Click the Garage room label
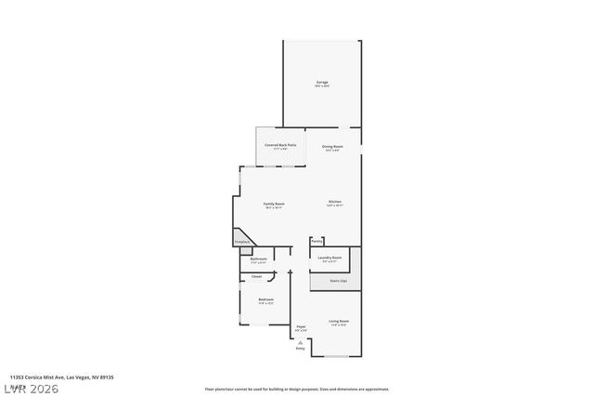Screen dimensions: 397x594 pyautogui.click(x=322, y=83)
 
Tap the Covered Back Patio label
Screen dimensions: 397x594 pyautogui.click(x=279, y=145)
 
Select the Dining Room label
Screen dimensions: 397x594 pyautogui.click(x=332, y=146)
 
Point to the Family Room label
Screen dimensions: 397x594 pyautogui.click(x=273, y=204)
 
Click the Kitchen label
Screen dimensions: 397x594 pyautogui.click(x=334, y=202)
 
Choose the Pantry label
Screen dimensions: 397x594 pyautogui.click(x=316, y=241)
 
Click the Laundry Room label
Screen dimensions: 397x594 pyautogui.click(x=329, y=257)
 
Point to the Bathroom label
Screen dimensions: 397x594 pyautogui.click(x=258, y=258)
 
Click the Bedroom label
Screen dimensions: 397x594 pyautogui.click(x=266, y=298)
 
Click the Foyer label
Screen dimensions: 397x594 pyautogui.click(x=301, y=326)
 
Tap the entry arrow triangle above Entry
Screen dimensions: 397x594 pyautogui.click(x=300, y=341)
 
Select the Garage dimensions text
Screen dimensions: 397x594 pyautogui.click(x=322, y=86)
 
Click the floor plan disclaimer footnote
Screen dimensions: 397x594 pyautogui.click(x=296, y=390)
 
